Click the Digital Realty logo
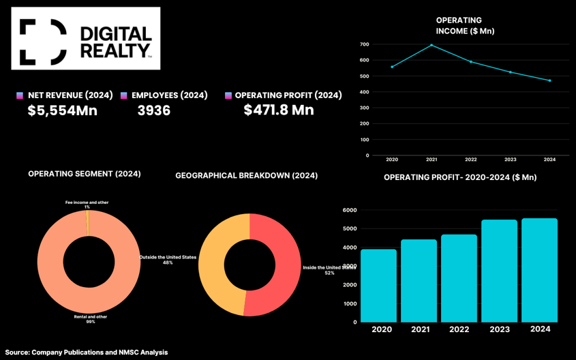pos(85,38)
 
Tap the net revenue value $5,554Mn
pos(63,110)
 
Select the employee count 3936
pos(154,110)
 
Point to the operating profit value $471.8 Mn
pos(279,110)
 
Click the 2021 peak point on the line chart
pos(431,45)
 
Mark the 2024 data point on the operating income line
pos(549,80)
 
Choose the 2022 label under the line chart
pos(471,160)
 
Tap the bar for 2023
pos(500,271)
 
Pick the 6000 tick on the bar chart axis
pos(350,211)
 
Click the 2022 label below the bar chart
pos(459,329)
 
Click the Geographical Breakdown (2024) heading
pos(246,176)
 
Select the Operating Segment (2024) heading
pos(85,174)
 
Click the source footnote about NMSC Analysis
pos(87,352)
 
